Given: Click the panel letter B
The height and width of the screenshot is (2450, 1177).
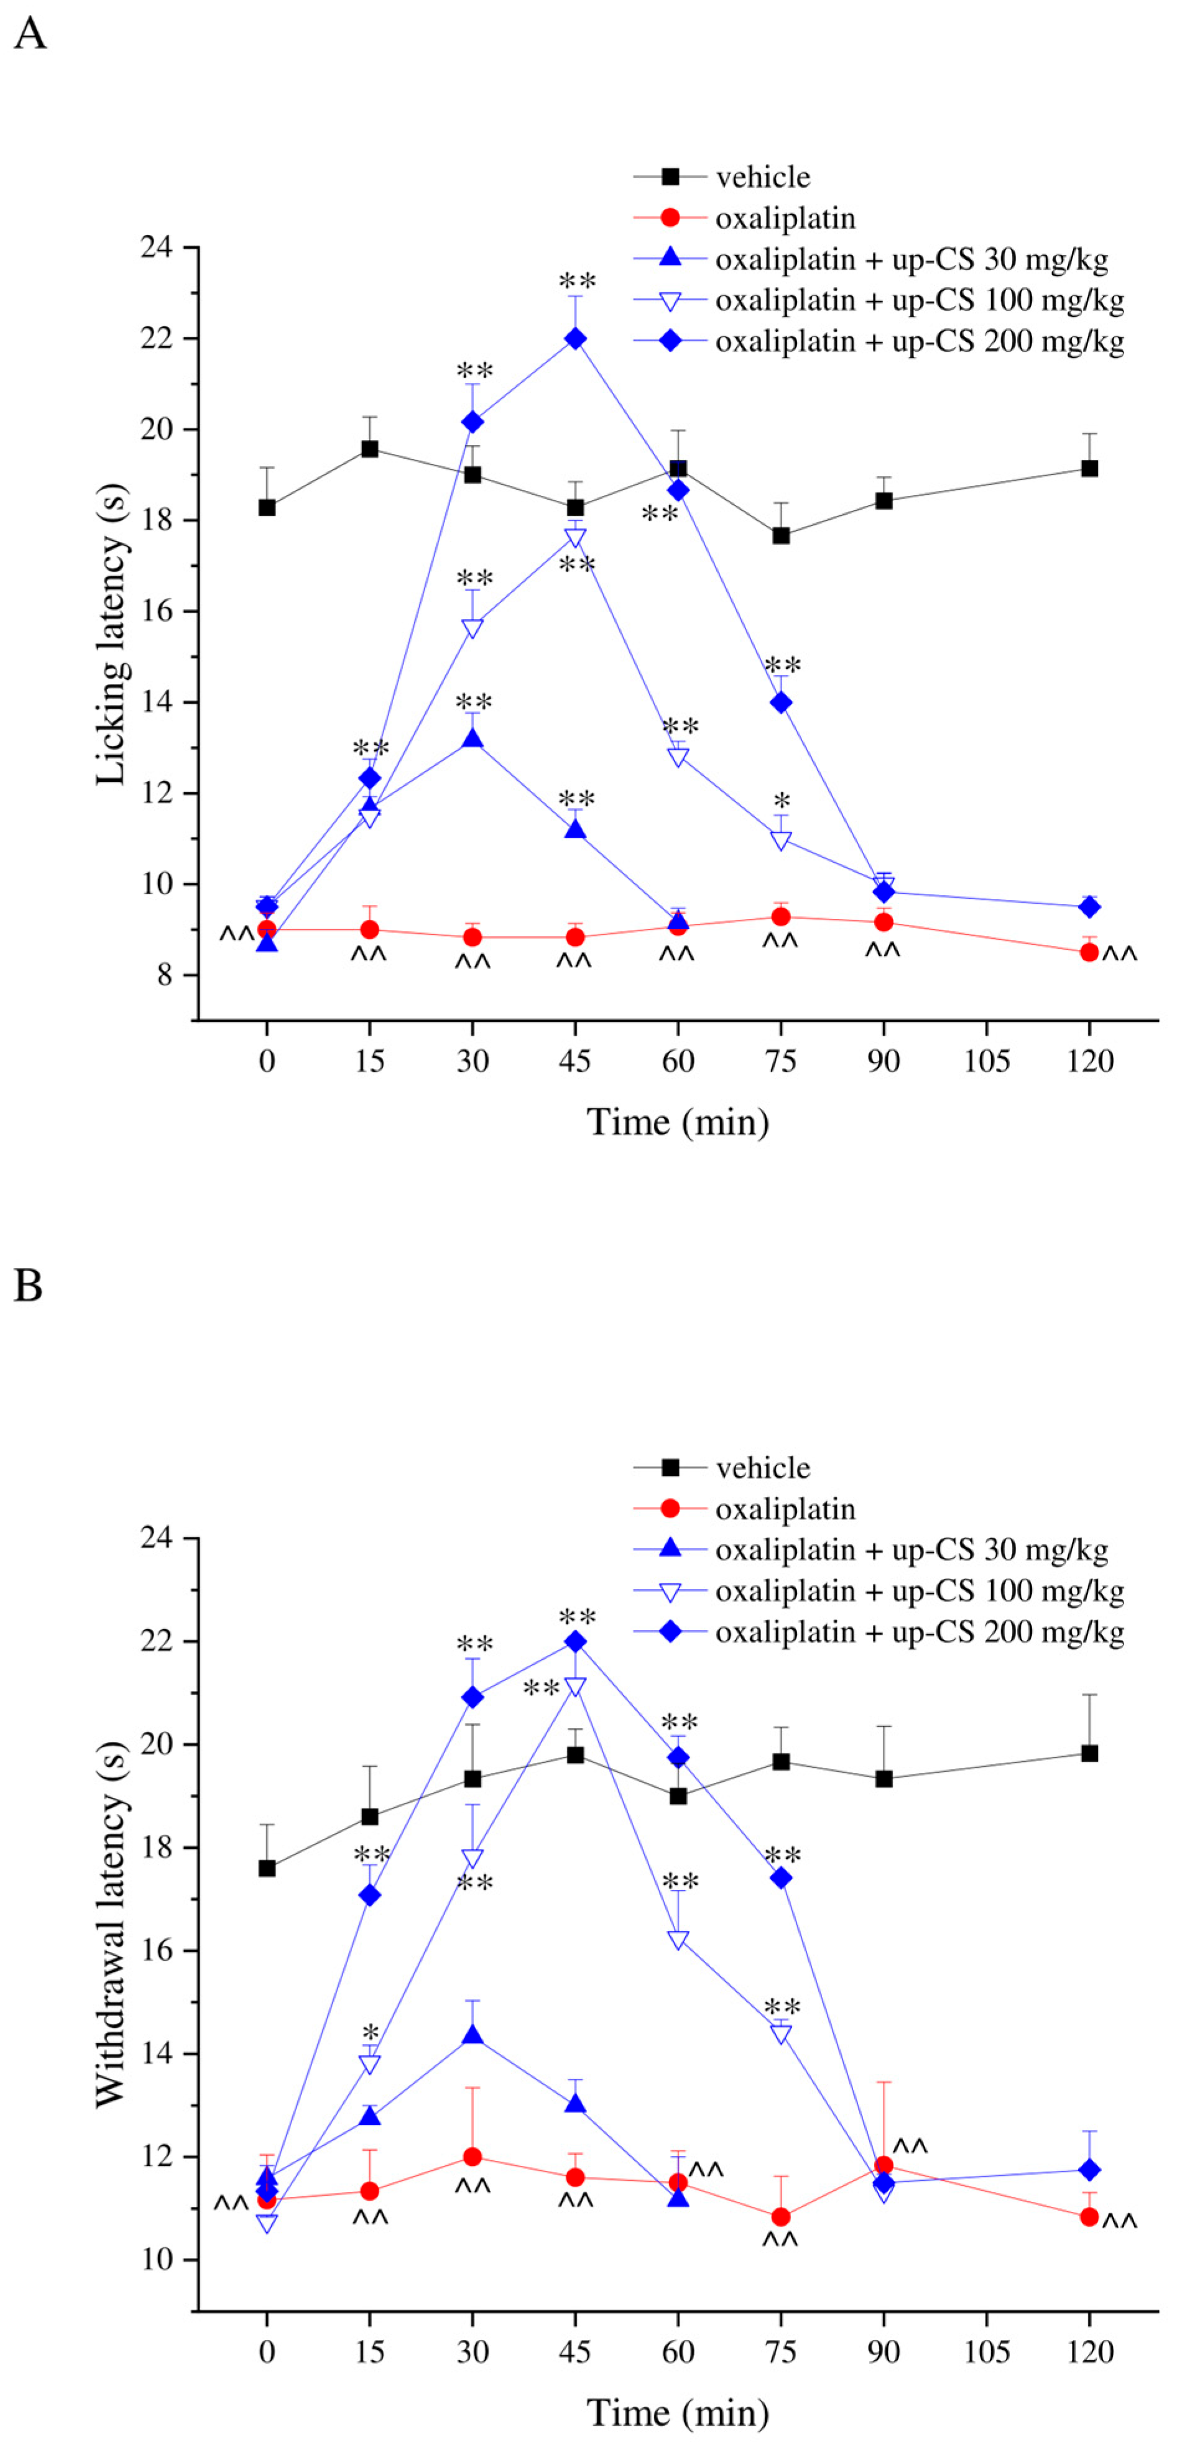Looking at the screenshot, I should (x=29, y=1285).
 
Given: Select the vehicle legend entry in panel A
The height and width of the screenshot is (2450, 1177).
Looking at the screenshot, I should (x=762, y=177).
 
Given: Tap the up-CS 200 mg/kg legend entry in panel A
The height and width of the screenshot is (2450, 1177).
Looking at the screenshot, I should (x=919, y=341).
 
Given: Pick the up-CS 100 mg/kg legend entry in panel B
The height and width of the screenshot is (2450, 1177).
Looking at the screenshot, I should (x=919, y=1591).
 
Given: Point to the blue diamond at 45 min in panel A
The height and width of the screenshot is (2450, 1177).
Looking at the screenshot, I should (x=575, y=339).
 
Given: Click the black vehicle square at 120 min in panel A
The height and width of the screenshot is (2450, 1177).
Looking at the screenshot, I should (x=1089, y=468).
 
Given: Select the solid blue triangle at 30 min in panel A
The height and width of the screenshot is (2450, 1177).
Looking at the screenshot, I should (x=472, y=739).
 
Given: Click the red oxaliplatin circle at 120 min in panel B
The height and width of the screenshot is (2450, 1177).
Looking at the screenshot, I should (x=1089, y=2216).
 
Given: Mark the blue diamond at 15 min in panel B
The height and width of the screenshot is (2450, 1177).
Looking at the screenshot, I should (x=369, y=1895).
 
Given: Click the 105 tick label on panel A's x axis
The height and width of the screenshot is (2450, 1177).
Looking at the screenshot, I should (x=985, y=1061).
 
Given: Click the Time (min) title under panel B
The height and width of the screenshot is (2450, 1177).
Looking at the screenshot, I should (x=678, y=2413).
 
